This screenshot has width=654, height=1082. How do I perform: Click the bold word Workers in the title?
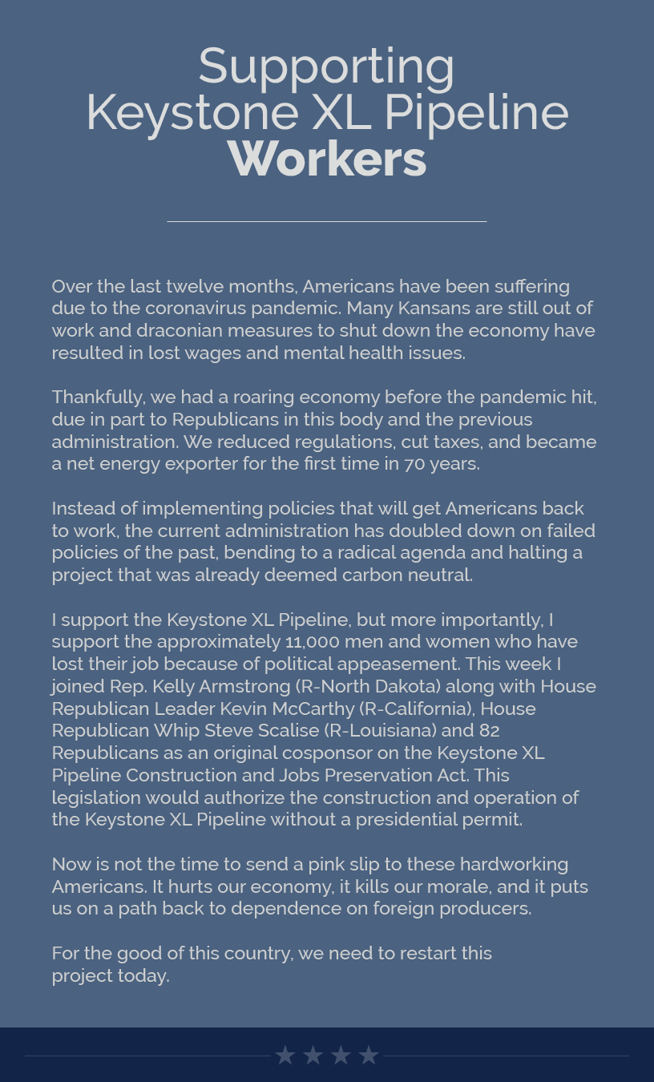pos(327,159)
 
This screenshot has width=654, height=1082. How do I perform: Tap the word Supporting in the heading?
pos(327,66)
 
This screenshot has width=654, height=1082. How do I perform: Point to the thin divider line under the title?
pos(327,221)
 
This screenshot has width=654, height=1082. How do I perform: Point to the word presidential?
pos(419,820)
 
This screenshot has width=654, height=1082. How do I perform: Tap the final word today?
pos(143,976)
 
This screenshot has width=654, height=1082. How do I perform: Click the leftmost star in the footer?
pos(285,1056)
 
